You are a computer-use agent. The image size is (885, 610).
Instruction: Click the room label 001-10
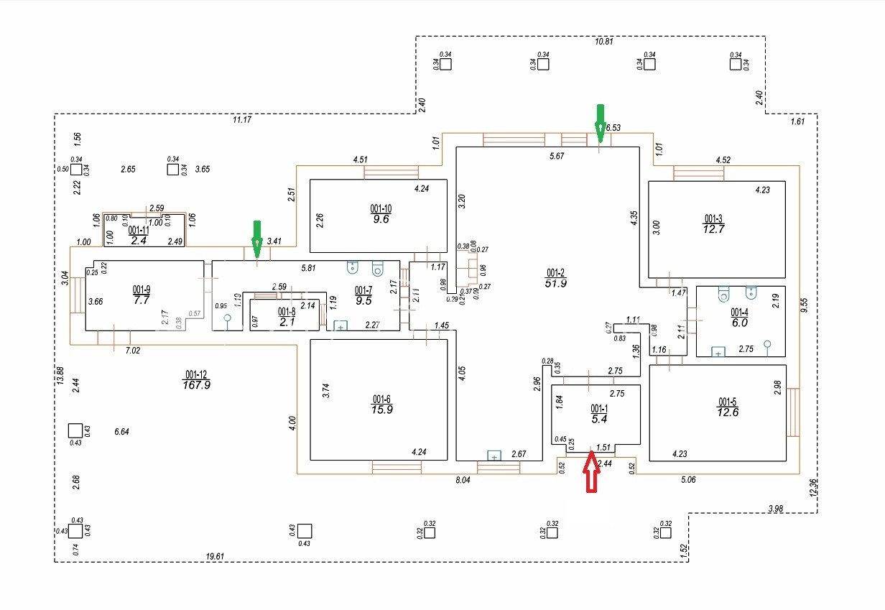pyautogui.click(x=381, y=208)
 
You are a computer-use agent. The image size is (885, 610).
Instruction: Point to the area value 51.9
pyautogui.click(x=557, y=284)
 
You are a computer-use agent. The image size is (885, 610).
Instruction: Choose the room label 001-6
pyautogui.click(x=382, y=399)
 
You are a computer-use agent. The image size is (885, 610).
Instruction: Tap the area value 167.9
pyautogui.click(x=197, y=385)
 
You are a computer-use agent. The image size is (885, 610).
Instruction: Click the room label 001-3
pyautogui.click(x=713, y=218)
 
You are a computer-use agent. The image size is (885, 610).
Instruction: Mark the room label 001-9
pyautogui.click(x=142, y=290)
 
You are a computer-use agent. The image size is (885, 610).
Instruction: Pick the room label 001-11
pyautogui.click(x=139, y=230)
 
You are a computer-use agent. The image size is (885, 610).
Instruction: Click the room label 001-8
pyautogui.click(x=287, y=312)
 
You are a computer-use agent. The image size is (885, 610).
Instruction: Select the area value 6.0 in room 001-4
pyautogui.click(x=740, y=323)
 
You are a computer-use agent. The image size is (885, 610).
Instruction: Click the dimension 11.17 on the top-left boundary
pyautogui.click(x=242, y=119)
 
